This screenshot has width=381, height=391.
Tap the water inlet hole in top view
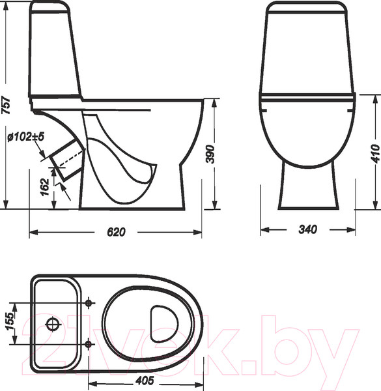coord(53,323)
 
